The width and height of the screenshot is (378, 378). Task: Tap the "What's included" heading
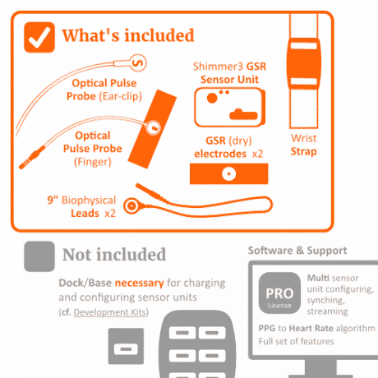click(x=127, y=35)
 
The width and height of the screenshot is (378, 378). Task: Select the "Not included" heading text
click(x=113, y=255)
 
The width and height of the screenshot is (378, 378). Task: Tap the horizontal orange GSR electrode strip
click(x=228, y=173)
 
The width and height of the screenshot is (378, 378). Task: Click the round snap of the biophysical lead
click(x=131, y=205)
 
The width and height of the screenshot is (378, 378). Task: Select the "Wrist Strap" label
click(x=303, y=145)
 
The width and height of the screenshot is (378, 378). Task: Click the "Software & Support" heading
click(x=297, y=250)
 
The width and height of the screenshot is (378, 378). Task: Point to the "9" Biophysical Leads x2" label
click(x=81, y=205)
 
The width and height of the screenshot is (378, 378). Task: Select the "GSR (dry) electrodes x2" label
click(x=228, y=147)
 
